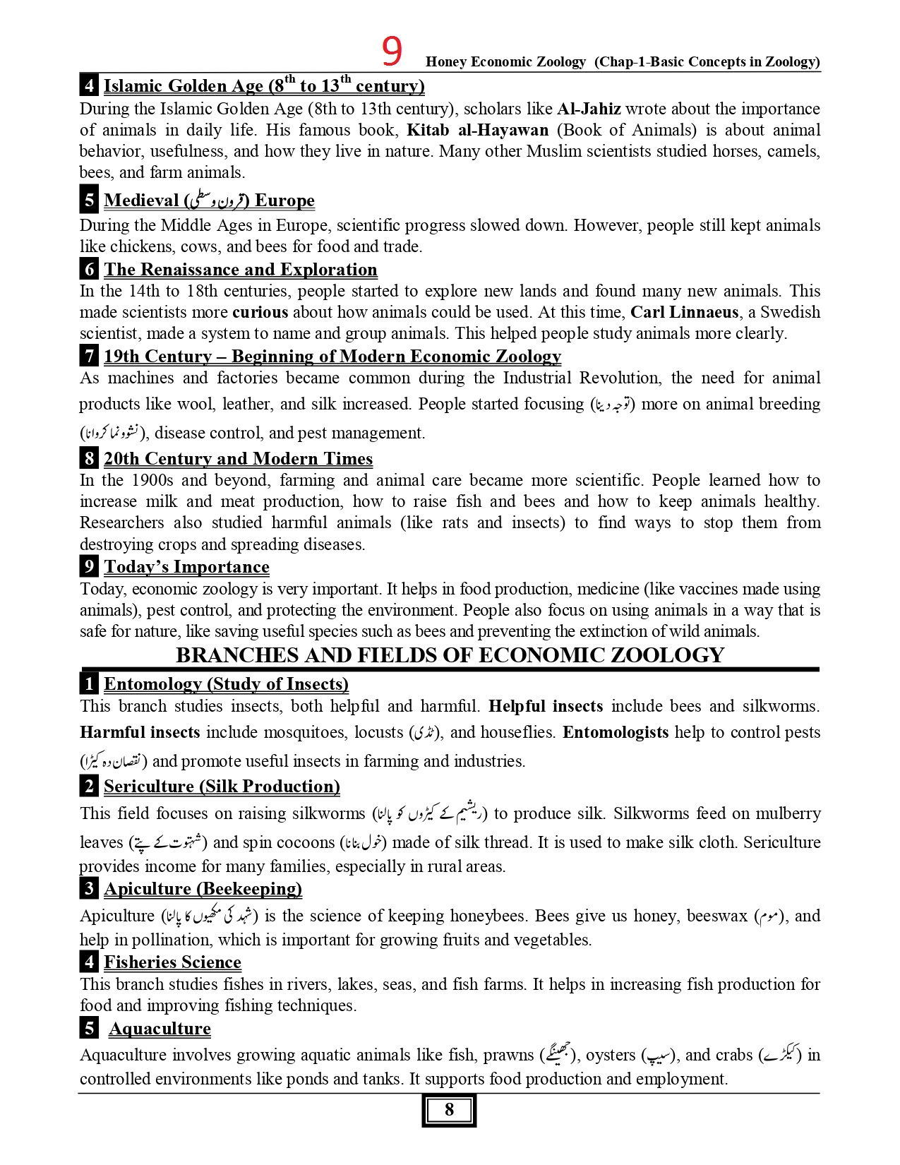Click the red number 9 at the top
(392, 52)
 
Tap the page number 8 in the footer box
(449, 1110)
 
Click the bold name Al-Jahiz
(589, 109)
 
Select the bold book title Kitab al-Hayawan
(477, 130)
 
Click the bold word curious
(260, 312)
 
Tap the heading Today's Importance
(186, 567)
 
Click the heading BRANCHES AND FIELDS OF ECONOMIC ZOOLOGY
(450, 655)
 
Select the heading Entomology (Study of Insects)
(226, 684)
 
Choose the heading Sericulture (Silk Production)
(222, 787)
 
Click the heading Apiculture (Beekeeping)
(203, 889)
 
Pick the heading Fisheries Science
(172, 962)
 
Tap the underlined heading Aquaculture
(160, 1029)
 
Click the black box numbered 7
(89, 356)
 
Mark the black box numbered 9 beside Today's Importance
(89, 566)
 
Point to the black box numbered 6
(89, 269)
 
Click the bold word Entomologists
(615, 732)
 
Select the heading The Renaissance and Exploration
(240, 270)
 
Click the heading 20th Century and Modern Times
(238, 459)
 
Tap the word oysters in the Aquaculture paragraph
(611, 1055)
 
